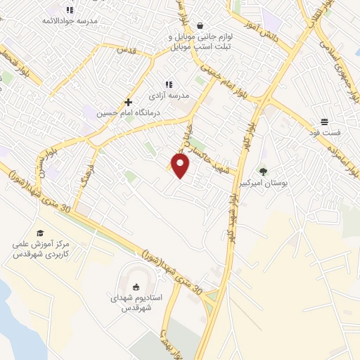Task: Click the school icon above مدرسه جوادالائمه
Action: tap(69, 10)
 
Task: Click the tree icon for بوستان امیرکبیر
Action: tap(263, 171)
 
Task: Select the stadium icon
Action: tap(136, 286)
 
